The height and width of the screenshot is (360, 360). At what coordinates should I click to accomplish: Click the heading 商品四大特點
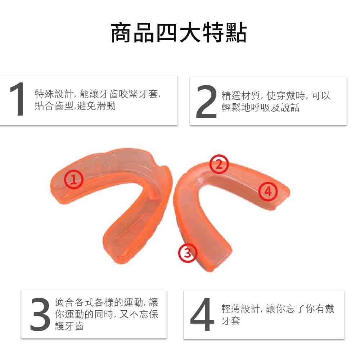[x=179, y=33]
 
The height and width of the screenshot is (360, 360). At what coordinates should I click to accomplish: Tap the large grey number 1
[x=17, y=99]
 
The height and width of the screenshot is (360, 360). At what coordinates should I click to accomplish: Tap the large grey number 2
[x=206, y=102]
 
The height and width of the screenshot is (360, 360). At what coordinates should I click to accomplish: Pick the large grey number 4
[x=202, y=315]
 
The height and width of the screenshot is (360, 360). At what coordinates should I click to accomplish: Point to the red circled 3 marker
[x=188, y=253]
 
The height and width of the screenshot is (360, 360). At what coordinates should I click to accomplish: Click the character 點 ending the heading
[x=237, y=33]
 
